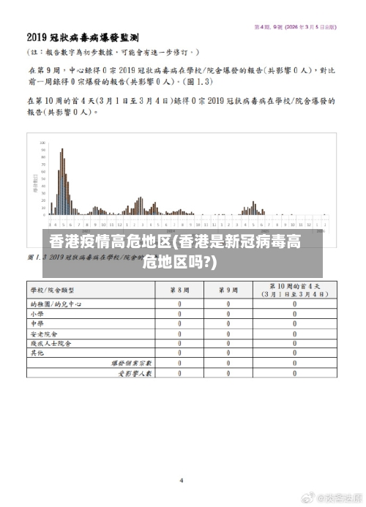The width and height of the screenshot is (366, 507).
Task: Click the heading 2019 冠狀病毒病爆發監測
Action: point(83,37)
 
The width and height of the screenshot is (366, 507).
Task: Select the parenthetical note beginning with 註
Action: point(113,53)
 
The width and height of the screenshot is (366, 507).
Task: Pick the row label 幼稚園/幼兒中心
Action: point(56,304)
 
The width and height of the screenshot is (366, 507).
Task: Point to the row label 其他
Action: point(37,352)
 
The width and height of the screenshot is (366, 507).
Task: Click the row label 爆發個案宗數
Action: point(132,362)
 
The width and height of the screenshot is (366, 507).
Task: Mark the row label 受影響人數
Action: point(135,372)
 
